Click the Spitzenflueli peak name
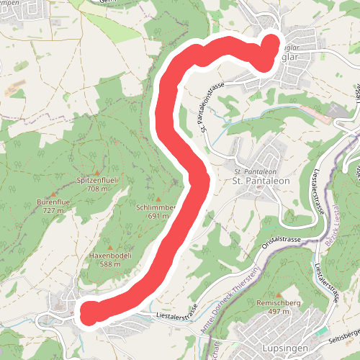pos(96,179)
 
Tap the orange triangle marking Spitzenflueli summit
pos(96,153)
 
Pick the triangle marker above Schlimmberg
pos(158,198)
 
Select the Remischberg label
pos(277,303)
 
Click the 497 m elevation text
pos(277,312)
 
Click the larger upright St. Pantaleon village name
pos(261,181)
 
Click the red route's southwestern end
pos(90,313)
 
